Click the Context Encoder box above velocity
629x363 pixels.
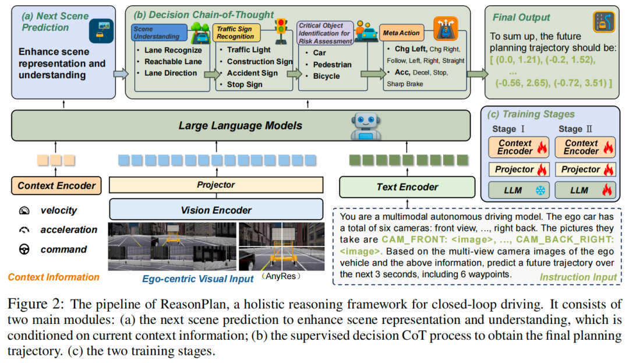(56, 186)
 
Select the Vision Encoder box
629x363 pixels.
(216, 210)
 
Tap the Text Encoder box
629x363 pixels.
(407, 187)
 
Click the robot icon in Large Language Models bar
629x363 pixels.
(365, 126)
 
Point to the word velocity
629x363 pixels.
(59, 210)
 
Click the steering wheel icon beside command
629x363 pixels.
(24, 249)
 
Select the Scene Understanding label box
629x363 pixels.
(159, 33)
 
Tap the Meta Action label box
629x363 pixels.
(401, 33)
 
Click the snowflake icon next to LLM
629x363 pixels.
(540, 191)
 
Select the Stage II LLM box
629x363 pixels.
(585, 190)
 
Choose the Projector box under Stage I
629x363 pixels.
(519, 170)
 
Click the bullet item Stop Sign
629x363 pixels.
(244, 84)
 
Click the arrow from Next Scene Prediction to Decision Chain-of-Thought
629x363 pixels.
(121, 74)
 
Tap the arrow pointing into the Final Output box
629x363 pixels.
(478, 74)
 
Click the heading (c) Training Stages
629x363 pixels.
(531, 114)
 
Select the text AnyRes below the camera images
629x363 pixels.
(281, 276)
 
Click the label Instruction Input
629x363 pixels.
(578, 277)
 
